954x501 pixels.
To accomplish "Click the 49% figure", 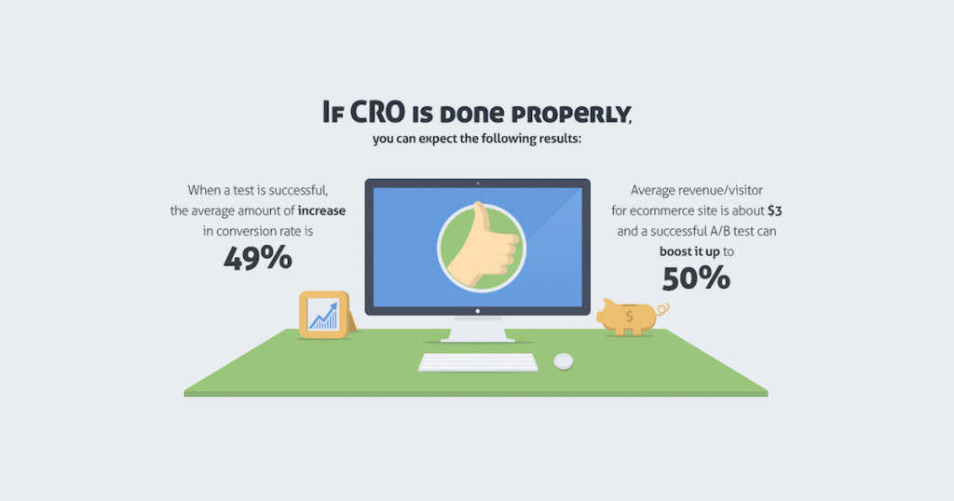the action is tap(258, 258).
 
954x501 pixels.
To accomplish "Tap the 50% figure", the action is tap(696, 278).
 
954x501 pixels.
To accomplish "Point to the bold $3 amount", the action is tap(774, 210).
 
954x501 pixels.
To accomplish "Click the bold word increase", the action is tap(321, 210).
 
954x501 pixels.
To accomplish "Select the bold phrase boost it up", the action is tap(689, 251).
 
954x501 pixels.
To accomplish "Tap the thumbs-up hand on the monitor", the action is tap(483, 246).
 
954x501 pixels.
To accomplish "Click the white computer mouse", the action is tap(564, 361).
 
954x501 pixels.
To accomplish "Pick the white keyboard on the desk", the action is tap(478, 362).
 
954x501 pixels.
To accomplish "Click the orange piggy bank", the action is tap(631, 317).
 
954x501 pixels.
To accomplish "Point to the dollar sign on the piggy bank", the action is tap(629, 317).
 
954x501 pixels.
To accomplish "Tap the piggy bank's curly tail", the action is tap(663, 309).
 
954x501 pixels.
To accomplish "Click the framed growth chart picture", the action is tap(323, 315).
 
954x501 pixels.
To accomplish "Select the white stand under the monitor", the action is tap(478, 329).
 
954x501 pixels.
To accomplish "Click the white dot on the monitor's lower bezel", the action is tap(478, 311).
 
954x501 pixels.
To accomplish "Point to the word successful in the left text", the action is tap(298, 190).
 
